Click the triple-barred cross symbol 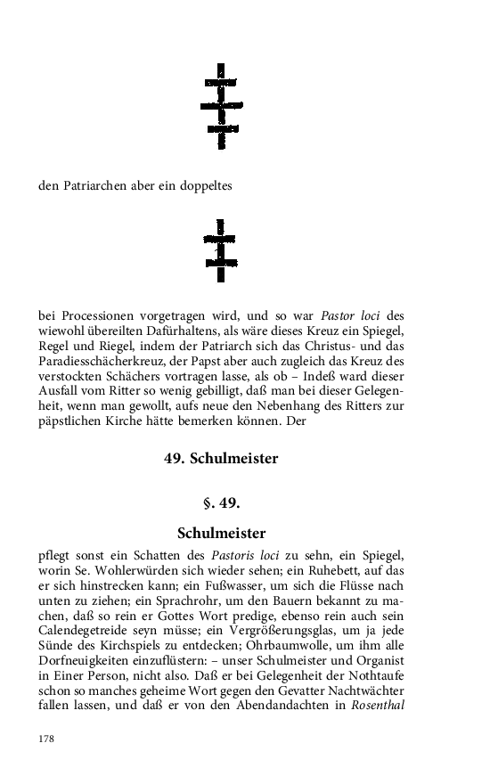[x=221, y=106]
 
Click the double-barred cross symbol [x=220, y=249]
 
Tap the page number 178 [x=46, y=739]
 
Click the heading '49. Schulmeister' [x=221, y=459]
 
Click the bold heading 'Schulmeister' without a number [x=222, y=534]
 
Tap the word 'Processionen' [x=95, y=314]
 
